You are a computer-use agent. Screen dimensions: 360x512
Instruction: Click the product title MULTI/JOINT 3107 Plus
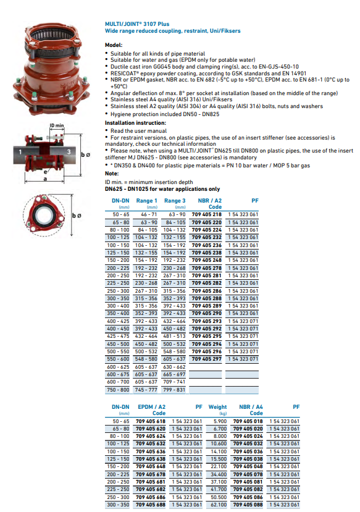(x=137, y=24)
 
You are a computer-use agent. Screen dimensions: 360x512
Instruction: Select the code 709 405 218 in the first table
(x=207, y=214)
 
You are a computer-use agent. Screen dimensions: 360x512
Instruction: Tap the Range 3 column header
(x=175, y=201)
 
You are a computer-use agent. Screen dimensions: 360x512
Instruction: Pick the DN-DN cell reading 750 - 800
(x=118, y=390)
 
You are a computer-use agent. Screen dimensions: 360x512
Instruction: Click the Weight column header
(x=217, y=407)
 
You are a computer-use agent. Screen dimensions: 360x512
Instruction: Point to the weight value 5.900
(x=220, y=421)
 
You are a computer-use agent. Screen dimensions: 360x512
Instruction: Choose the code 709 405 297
(x=207, y=359)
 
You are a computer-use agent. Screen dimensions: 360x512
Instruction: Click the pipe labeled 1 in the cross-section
(x=27, y=152)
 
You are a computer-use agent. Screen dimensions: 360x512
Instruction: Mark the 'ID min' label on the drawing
(x=57, y=125)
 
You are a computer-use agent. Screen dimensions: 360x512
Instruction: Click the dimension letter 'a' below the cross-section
(x=45, y=179)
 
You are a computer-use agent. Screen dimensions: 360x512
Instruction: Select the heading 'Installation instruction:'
(x=135, y=123)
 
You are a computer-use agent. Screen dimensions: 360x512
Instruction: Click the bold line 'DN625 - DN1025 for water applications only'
(x=162, y=189)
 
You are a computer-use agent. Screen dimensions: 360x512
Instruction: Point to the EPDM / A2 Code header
(x=151, y=410)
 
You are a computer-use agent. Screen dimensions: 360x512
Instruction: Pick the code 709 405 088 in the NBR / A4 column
(x=248, y=505)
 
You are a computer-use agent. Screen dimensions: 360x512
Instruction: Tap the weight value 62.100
(x=219, y=505)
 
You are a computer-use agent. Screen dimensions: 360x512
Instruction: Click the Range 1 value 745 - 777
(x=146, y=390)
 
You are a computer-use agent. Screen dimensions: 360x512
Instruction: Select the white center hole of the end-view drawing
(x=43, y=216)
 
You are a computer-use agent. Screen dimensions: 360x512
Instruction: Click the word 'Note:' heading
(x=112, y=174)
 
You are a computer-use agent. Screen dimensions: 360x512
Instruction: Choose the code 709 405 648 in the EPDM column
(x=151, y=466)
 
